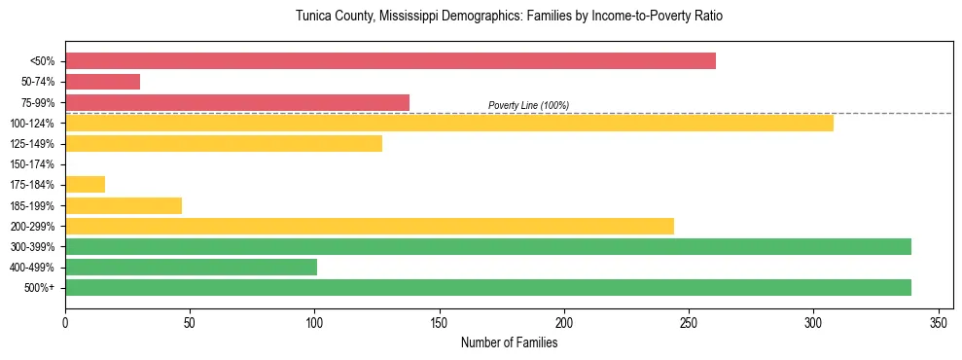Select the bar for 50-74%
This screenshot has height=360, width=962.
click(102, 82)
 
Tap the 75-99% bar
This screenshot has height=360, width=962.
click(237, 102)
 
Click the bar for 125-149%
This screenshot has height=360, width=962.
click(224, 144)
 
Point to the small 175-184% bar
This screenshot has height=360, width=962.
click(85, 185)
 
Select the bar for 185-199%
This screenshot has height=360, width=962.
click(124, 205)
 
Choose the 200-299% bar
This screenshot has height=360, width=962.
click(370, 226)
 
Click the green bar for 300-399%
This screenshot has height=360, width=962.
click(488, 246)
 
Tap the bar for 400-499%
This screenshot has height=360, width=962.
click(191, 267)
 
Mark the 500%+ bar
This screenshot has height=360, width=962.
click(488, 287)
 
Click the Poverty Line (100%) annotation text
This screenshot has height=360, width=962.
click(528, 105)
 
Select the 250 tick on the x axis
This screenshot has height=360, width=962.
click(689, 321)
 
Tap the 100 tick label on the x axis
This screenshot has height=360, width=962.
click(314, 321)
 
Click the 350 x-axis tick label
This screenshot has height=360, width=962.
click(939, 321)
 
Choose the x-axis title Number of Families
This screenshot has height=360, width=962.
click(509, 342)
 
